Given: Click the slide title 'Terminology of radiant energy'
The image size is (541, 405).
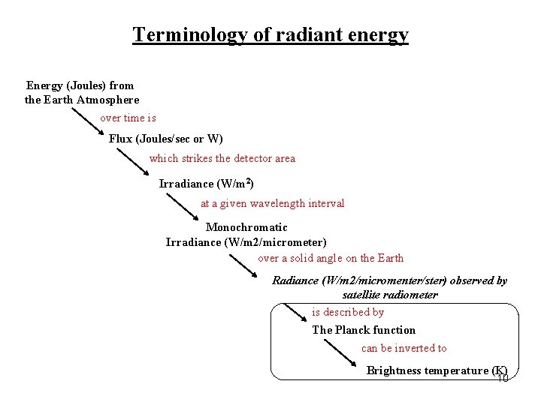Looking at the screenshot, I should (270, 34).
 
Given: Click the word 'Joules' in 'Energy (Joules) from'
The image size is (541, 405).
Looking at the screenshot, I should (87, 85).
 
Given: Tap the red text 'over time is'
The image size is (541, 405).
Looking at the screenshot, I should (128, 118).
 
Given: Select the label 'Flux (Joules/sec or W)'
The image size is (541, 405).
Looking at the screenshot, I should (165, 139).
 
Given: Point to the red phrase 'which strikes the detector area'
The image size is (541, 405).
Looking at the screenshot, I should (222, 158).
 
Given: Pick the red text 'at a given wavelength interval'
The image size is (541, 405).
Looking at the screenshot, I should (272, 203).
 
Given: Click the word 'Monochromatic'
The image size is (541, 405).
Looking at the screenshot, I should (246, 227).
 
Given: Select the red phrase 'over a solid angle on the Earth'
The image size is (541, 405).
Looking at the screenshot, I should (331, 258).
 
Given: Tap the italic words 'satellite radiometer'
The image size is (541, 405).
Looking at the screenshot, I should (389, 295).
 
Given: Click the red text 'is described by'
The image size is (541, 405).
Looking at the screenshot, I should (347, 312).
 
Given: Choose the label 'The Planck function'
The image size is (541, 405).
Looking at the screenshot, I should (364, 330).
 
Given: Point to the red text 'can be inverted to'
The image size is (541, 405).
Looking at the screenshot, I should (403, 348).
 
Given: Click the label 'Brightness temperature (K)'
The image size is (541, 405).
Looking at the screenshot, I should (437, 370).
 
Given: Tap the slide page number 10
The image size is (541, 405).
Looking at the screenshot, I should (503, 378).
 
